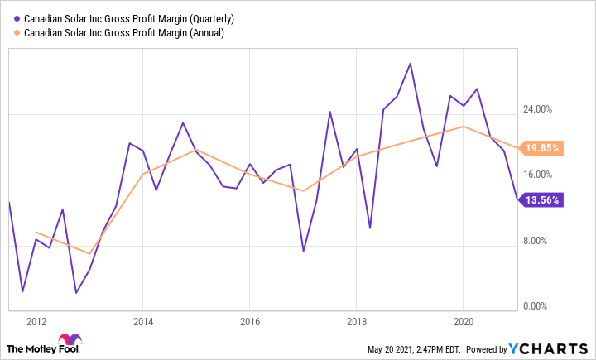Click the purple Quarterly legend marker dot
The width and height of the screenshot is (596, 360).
pos(17,18)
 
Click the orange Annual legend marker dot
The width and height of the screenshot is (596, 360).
pos(17,33)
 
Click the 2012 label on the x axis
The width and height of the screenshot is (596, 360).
pos(36,322)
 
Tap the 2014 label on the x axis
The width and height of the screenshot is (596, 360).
pos(143,322)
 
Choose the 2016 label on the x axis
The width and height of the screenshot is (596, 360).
pos(250,322)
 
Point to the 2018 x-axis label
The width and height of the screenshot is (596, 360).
pos(357,322)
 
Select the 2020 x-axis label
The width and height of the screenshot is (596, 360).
pos(464,322)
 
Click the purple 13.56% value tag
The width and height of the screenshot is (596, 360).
pos(543,200)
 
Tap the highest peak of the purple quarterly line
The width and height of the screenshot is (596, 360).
pos(411,64)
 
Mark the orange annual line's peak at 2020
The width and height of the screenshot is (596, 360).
pos(464,127)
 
